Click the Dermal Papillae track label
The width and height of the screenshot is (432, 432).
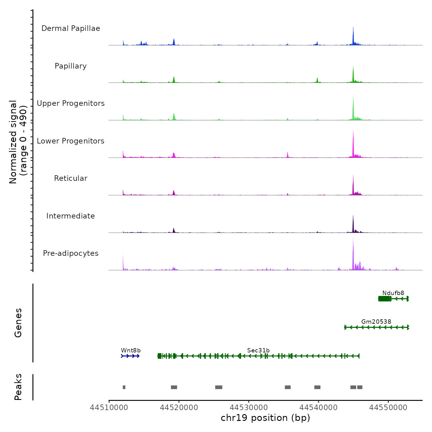(x=71, y=28)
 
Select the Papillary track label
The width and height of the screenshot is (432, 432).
(x=71, y=66)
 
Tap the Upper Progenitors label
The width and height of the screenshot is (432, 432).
(x=71, y=103)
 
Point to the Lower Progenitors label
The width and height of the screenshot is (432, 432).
(x=71, y=141)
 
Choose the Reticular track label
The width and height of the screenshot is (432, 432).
(x=71, y=178)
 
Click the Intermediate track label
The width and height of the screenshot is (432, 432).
(x=71, y=216)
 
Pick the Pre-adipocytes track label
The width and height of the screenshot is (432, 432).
(x=71, y=253)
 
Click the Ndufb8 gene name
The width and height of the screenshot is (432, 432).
(x=393, y=293)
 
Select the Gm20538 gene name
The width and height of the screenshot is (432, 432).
(x=376, y=322)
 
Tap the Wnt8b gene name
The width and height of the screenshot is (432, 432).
(x=131, y=350)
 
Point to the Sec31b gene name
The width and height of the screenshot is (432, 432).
(x=258, y=350)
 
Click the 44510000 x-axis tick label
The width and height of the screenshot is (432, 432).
(x=109, y=408)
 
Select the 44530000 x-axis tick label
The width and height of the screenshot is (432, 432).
(x=249, y=408)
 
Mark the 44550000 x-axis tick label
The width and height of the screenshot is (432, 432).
(x=388, y=408)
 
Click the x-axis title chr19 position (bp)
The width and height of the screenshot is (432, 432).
(x=265, y=418)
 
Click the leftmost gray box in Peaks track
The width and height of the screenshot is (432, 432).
(x=124, y=387)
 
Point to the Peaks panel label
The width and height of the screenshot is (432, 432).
(x=18, y=387)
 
